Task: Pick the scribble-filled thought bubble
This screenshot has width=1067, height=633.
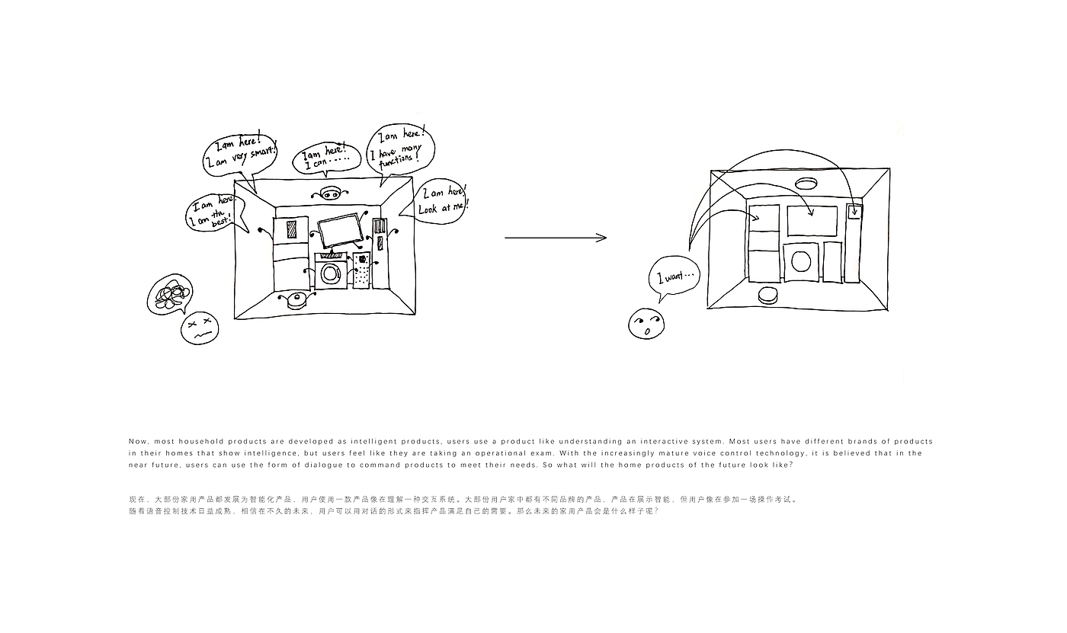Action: coord(168,294)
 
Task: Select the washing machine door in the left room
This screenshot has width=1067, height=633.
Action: coord(331,273)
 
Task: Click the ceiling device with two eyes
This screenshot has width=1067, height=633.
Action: coord(330,193)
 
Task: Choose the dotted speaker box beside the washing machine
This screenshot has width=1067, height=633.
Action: coord(361,270)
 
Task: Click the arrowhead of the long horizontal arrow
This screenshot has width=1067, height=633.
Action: coord(602,238)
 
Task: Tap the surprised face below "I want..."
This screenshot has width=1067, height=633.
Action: coord(646,324)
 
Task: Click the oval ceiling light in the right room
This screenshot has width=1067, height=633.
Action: coord(806,183)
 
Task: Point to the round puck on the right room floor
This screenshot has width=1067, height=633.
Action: coord(768,294)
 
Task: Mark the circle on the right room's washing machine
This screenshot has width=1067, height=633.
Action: coord(801,262)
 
